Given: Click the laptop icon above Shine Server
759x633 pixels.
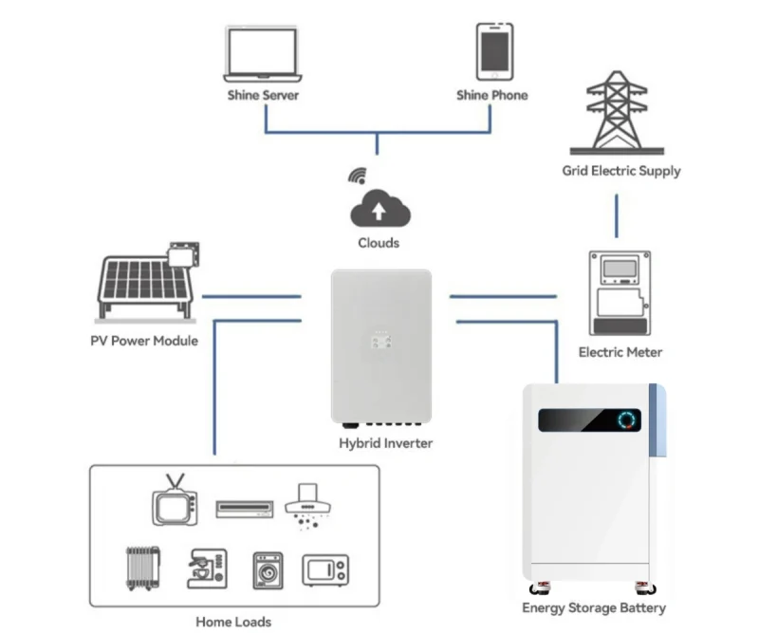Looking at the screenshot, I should tap(263, 54).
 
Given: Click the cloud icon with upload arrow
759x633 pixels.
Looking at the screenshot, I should tap(379, 208).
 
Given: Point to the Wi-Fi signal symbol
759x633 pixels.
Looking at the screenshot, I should tap(358, 176).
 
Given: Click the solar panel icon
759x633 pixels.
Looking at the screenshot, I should tap(146, 281).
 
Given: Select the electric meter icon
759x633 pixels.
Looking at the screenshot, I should tap(620, 295).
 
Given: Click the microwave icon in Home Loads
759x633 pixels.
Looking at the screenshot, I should tap(325, 569).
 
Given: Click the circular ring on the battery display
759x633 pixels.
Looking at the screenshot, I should tap(626, 419).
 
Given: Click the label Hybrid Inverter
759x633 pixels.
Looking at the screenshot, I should tap(385, 443).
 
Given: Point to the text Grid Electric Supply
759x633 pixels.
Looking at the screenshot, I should tap(620, 172).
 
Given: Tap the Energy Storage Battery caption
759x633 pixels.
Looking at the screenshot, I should tap(594, 608).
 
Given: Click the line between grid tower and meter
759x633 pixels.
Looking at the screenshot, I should tap(618, 216).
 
